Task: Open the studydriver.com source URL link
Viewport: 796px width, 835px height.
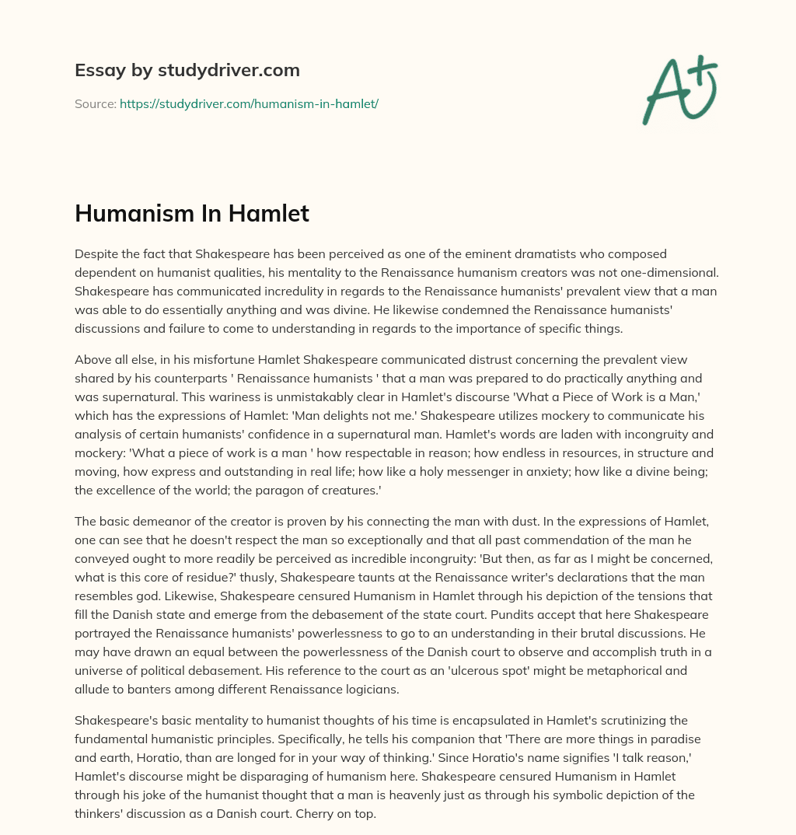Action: pyautogui.click(x=249, y=103)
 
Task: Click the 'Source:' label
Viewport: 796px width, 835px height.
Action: pyautogui.click(x=95, y=103)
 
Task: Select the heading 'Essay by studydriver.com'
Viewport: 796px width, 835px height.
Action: pyautogui.click(x=187, y=70)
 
